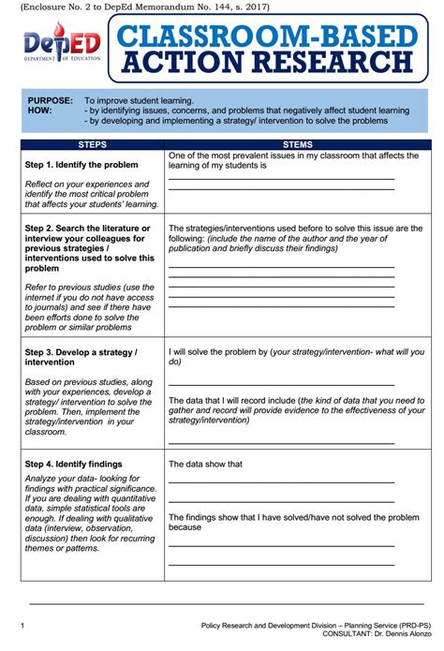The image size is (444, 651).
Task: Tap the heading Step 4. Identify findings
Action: click(x=73, y=464)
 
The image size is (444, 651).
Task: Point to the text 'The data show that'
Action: click(x=205, y=464)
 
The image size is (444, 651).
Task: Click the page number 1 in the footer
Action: click(x=22, y=624)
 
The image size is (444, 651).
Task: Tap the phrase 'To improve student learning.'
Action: click(x=139, y=99)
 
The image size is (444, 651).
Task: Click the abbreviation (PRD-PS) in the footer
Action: click(x=410, y=624)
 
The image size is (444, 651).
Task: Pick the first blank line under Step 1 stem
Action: click(x=281, y=179)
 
